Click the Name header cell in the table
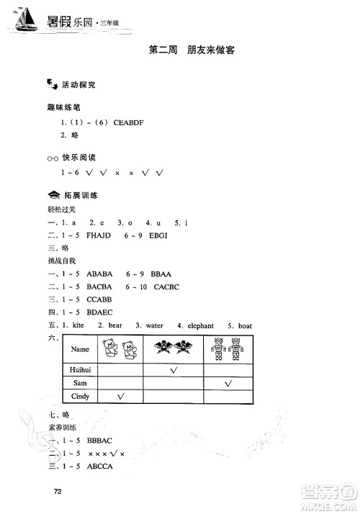(x=81, y=349)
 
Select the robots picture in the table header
(x=228, y=349)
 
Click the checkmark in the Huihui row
(x=174, y=370)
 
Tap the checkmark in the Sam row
(x=228, y=384)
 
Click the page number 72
(x=48, y=492)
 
